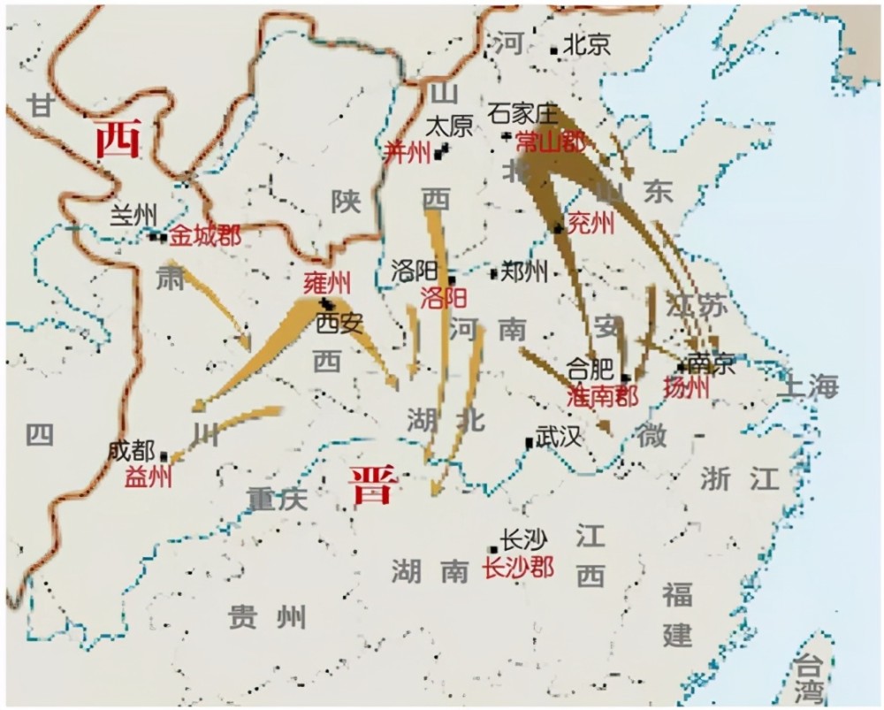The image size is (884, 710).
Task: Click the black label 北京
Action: (587, 45)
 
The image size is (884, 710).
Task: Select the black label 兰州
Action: (133, 214)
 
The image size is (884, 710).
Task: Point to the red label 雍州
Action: (326, 283)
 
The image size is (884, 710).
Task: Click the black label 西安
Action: (339, 323)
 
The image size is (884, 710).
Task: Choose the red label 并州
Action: (408, 152)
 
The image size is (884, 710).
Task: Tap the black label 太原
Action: (450, 126)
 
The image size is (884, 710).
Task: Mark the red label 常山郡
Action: (551, 141)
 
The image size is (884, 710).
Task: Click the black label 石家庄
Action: (525, 113)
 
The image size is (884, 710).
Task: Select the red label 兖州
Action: (590, 224)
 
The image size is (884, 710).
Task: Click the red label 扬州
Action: (685, 389)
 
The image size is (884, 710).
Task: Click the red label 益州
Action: (149, 477)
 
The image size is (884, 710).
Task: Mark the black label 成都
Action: (132, 450)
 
